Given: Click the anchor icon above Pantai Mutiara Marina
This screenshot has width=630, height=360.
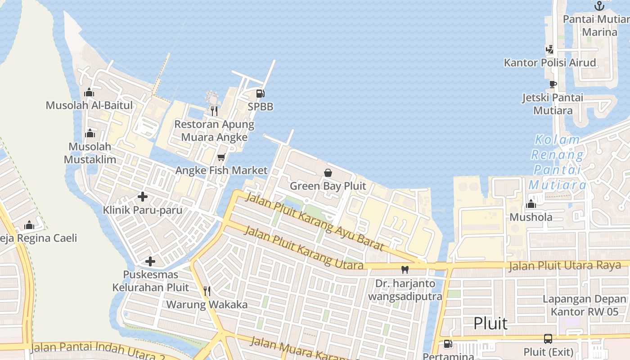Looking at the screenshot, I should click(598, 6).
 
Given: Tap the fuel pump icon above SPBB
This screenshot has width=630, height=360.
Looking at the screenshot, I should click(260, 94).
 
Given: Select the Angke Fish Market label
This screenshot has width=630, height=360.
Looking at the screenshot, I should click(221, 171).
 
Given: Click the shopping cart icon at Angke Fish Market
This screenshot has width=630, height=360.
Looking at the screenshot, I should click(221, 157).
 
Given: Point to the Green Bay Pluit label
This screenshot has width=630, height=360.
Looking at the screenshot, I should click(328, 186).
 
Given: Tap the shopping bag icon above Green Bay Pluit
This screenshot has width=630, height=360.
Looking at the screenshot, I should click(328, 173).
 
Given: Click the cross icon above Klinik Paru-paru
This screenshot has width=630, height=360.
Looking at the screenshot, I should click(143, 197).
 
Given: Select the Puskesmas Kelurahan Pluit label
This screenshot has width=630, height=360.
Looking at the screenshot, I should click(151, 281).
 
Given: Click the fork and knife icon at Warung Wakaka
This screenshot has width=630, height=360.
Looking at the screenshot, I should click(207, 291).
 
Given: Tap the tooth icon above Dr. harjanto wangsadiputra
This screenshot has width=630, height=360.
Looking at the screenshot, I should click(405, 270).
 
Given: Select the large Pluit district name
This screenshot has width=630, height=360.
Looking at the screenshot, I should click(490, 323).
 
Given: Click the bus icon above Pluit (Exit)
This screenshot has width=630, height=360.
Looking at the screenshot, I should click(548, 339).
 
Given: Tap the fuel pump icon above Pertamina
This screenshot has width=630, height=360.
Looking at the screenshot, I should click(448, 344).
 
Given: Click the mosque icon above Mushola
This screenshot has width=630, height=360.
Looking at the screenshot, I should click(531, 204).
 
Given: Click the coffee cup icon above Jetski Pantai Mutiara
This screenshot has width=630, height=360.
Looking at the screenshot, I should click(553, 84).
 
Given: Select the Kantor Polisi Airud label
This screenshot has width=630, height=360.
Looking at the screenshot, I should click(550, 63).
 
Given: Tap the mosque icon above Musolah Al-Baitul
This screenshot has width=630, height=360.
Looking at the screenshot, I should click(89, 93).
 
